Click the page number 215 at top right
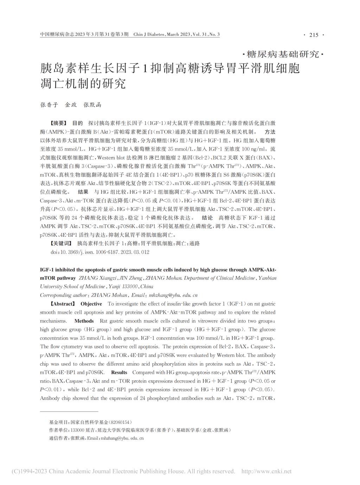coord(314,35)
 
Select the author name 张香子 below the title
coord(49,105)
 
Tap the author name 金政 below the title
coord(71,105)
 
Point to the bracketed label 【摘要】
coord(58,123)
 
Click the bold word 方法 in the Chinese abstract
coord(270,132)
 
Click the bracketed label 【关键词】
coord(60,243)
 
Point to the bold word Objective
coord(91,304)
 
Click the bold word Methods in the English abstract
coord(84,321)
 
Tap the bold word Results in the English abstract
coord(119,372)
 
